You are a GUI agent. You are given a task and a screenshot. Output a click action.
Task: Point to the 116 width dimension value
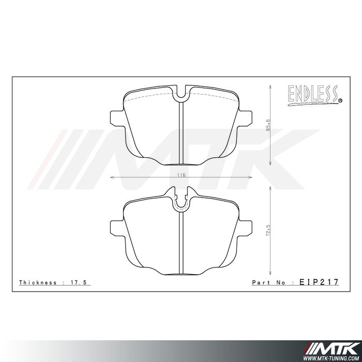pos(180,175)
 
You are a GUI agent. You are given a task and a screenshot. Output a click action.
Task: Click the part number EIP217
pos(319,282)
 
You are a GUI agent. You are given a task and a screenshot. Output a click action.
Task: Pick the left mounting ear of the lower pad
pos(117,228)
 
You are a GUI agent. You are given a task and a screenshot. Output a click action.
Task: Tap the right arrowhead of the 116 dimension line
pos(249,178)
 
